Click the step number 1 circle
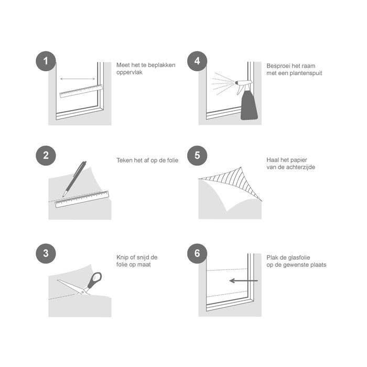click(x=46, y=61)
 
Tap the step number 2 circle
click(x=46, y=155)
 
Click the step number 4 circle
click(x=197, y=61)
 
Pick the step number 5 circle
click(x=197, y=155)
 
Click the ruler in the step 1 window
click(x=81, y=91)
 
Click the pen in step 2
click(x=74, y=178)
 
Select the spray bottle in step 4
click(x=249, y=102)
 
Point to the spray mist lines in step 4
click(x=223, y=82)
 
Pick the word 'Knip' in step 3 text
click(x=122, y=257)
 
